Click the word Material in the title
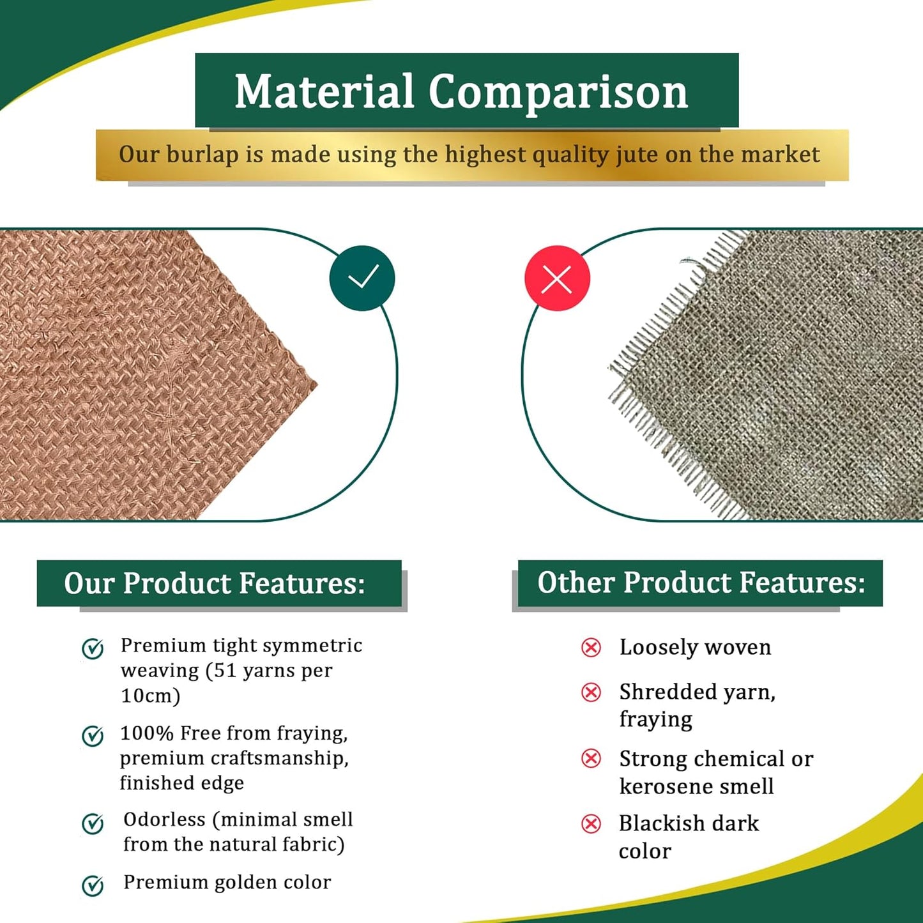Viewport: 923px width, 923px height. coord(324,91)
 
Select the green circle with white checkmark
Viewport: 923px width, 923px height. coord(362,278)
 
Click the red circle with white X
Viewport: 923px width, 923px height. coord(557,278)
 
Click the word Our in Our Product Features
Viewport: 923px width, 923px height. coord(89,583)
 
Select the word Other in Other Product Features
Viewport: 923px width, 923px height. coord(577,583)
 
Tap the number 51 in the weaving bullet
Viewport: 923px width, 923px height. coord(224,671)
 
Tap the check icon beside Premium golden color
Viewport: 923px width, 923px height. coord(93,885)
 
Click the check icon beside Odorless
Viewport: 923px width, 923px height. coord(93,823)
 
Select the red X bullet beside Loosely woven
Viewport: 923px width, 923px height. coord(591,648)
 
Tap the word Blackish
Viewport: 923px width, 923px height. coord(661,823)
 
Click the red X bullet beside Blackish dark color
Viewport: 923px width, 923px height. coord(591,824)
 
